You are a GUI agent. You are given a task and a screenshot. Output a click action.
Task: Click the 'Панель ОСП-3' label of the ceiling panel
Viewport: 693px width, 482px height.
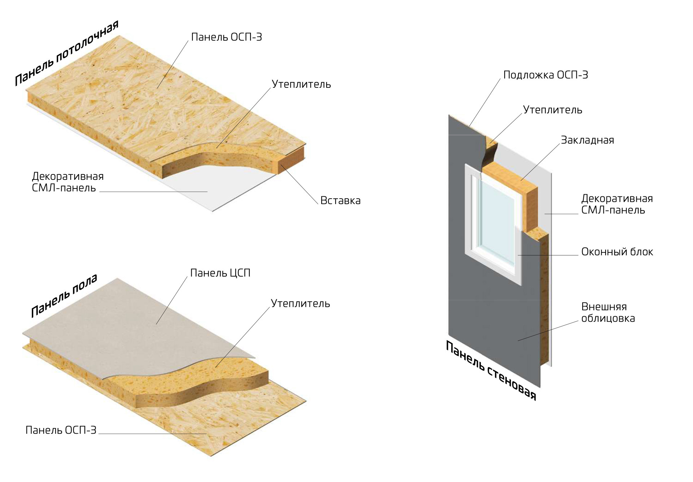coord(226,37)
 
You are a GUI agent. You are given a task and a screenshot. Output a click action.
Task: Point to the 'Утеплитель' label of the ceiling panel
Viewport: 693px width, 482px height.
coord(301,84)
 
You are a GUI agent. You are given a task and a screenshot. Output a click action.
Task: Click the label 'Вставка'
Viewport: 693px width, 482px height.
coord(340,200)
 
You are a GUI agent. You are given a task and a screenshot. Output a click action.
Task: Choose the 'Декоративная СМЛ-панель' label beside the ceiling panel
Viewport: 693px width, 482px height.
coord(67,182)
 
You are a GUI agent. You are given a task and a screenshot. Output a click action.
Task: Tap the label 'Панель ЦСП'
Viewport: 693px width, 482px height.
coord(220,273)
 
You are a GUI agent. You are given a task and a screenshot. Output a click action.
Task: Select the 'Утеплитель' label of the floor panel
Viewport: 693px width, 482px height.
coord(300,303)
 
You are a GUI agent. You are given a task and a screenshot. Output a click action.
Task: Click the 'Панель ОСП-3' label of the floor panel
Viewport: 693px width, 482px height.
coord(61,430)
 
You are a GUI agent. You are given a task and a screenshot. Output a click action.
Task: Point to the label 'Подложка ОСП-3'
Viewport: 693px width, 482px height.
coord(545,75)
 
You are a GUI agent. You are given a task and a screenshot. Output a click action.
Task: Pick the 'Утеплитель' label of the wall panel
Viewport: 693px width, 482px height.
coord(552,110)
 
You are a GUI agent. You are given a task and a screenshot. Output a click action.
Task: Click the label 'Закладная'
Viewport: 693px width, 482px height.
coord(587,140)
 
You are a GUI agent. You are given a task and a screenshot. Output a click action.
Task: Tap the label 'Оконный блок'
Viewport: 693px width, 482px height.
coord(617,252)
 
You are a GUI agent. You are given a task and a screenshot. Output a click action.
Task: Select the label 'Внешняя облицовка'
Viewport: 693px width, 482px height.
coord(608,312)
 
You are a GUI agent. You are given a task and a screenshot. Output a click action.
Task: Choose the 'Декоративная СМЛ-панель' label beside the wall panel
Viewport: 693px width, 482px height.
coord(616,204)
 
